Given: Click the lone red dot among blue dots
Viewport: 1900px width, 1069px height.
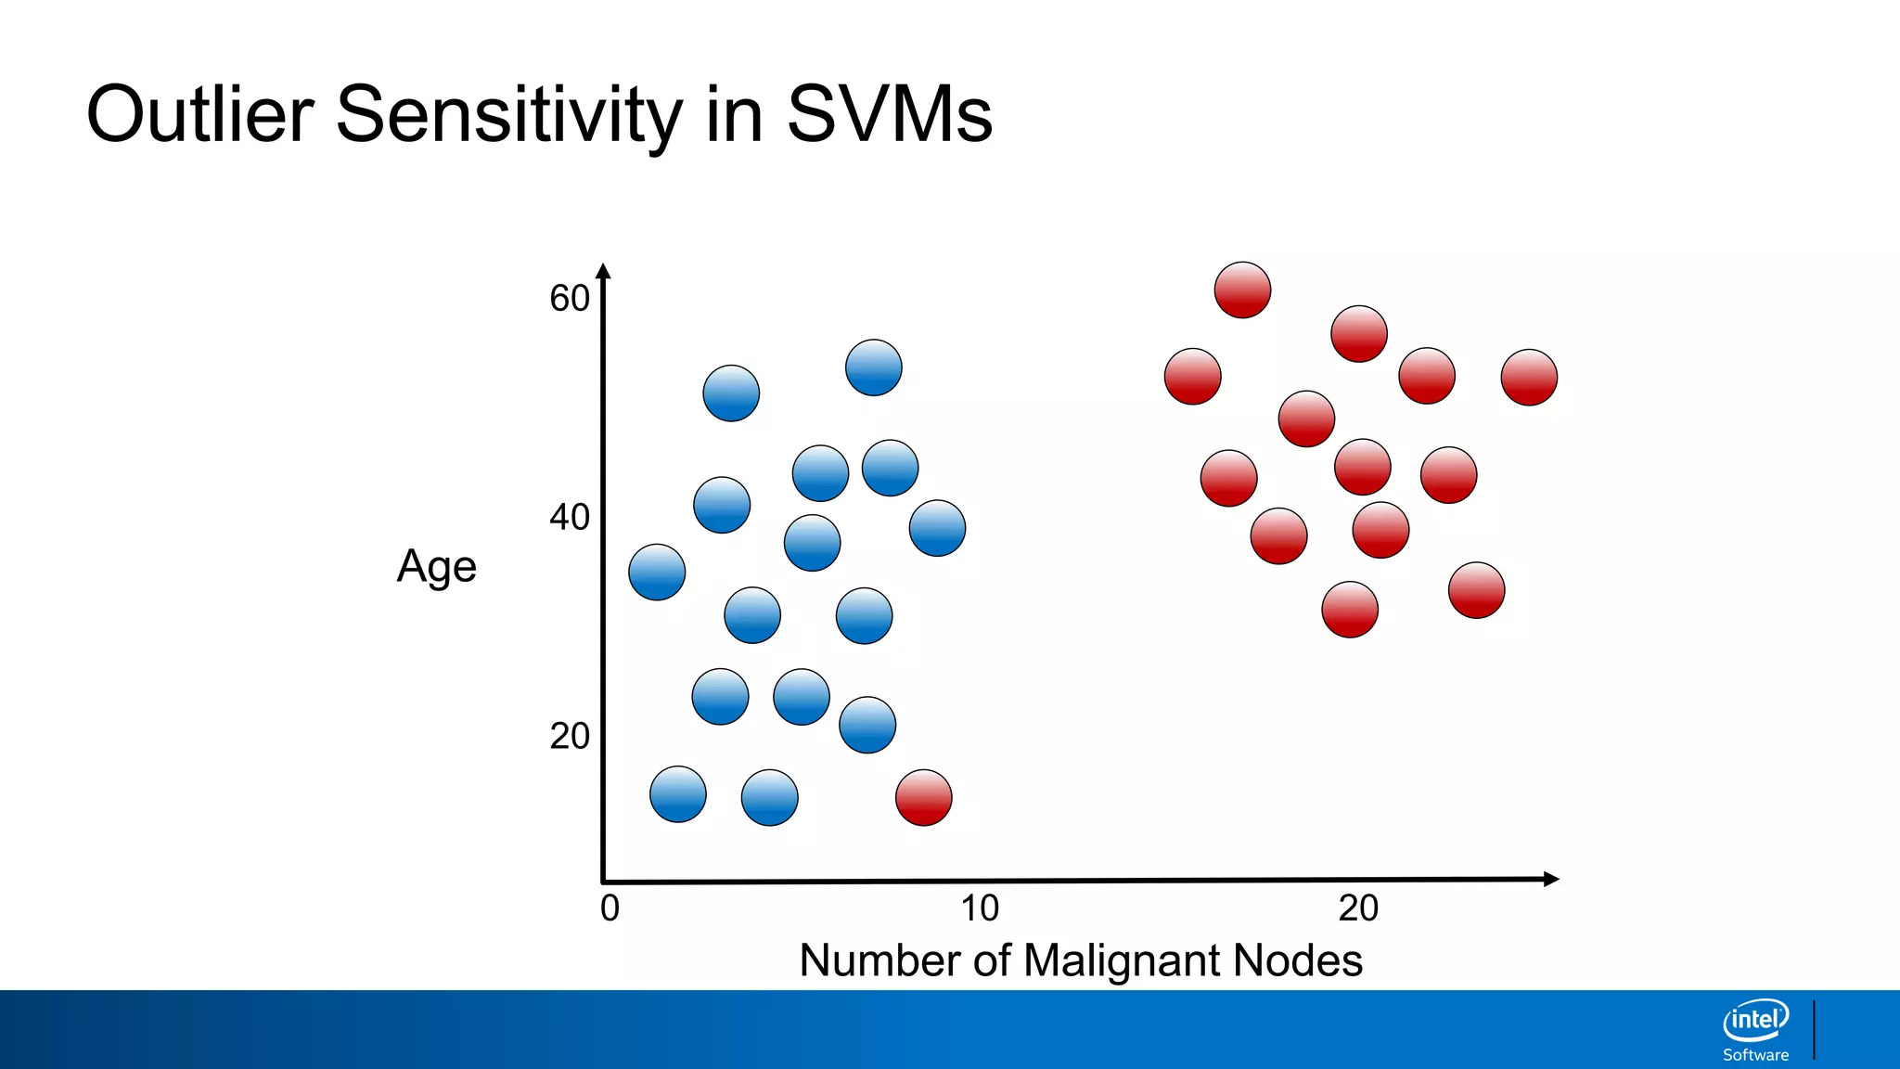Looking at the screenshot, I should (923, 797).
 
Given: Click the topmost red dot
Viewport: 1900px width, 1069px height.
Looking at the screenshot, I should (1242, 290).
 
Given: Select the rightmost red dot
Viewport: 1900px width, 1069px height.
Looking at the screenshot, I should (1529, 377).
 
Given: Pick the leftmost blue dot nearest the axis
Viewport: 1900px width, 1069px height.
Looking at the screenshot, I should (657, 572).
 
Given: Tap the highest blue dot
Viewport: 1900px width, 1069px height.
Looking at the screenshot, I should (873, 367).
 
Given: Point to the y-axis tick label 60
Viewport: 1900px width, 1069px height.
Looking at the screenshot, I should (570, 299).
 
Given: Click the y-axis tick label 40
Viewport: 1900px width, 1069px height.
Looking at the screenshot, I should (570, 517).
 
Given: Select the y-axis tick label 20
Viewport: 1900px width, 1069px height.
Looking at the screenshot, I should (570, 736).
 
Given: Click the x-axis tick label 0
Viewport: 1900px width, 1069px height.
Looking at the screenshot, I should (610, 908).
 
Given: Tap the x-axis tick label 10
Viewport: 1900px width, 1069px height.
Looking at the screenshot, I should (980, 908).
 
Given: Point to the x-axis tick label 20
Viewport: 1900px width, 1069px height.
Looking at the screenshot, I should (1358, 908).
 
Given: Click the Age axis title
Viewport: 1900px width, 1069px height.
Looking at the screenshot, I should (436, 567).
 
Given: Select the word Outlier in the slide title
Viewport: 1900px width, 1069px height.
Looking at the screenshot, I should (200, 114).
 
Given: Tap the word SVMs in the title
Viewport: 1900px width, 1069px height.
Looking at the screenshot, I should (889, 114).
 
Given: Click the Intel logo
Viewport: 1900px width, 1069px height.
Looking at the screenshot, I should (1755, 1020).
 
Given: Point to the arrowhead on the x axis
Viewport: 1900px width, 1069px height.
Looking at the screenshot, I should (1550, 879).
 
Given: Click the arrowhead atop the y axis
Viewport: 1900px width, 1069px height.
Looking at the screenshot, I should (603, 272).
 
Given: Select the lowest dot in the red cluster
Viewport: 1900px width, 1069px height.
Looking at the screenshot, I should (1349, 610).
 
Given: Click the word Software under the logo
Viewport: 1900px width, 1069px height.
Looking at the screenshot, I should (1755, 1055).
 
